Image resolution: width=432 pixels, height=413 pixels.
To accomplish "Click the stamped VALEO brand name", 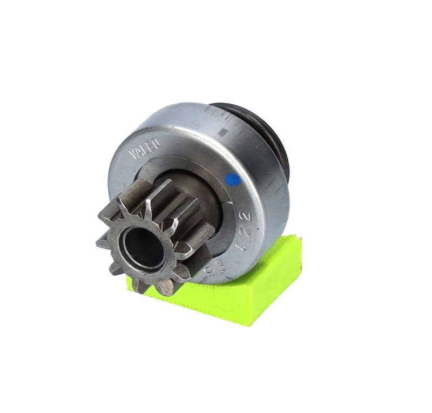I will coord(144,148).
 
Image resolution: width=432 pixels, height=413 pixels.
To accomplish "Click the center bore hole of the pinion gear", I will coord(144,247).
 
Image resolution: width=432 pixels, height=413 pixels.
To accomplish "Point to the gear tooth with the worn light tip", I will coord(167,288).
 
